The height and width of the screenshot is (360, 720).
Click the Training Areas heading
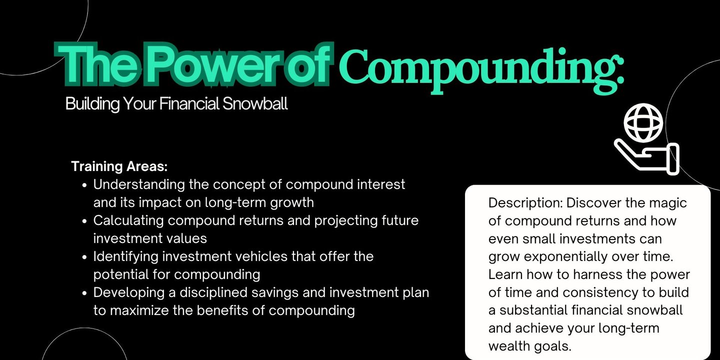coord(119,166)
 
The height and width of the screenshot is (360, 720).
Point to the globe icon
coord(643,123)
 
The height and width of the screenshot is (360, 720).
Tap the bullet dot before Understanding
coord(84,185)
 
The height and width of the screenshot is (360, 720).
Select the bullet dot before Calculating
coord(84,221)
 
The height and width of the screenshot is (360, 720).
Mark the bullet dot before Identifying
coord(84,257)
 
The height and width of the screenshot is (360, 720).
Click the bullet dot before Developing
coord(84,293)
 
